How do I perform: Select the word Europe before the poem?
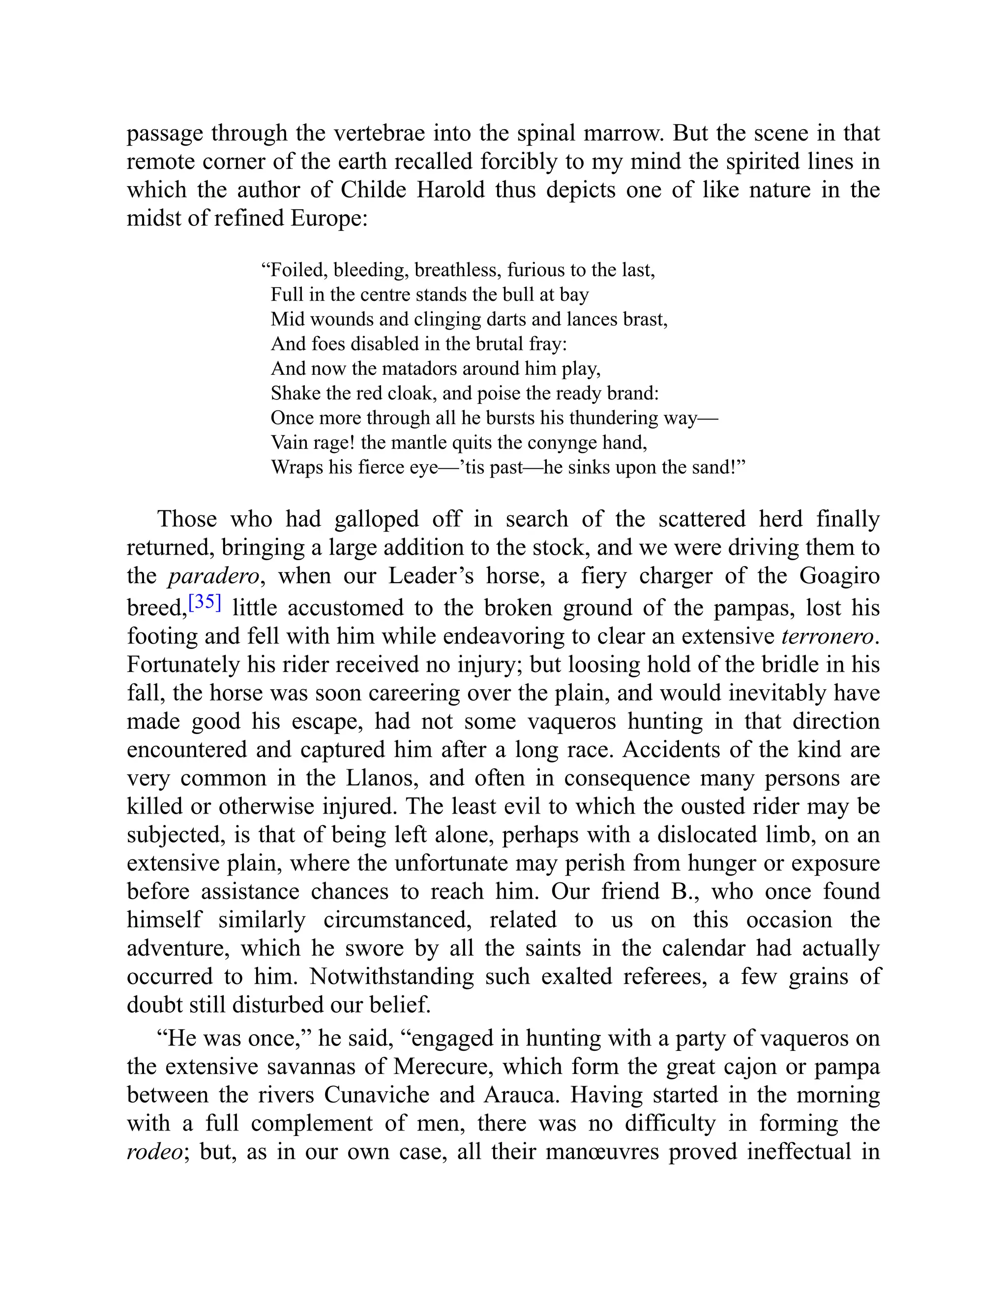point(329,218)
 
